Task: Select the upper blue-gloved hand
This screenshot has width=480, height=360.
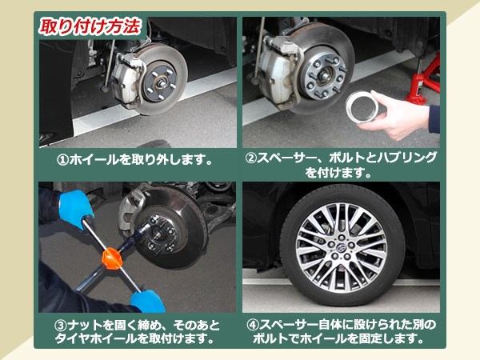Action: point(75,207)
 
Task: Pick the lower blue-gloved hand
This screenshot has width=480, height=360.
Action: point(149,300)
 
